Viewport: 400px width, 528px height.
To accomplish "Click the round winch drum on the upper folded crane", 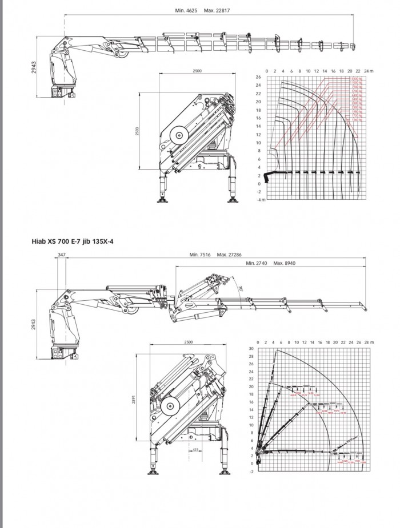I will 182,136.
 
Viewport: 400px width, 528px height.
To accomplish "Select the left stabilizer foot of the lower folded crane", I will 154,471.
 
